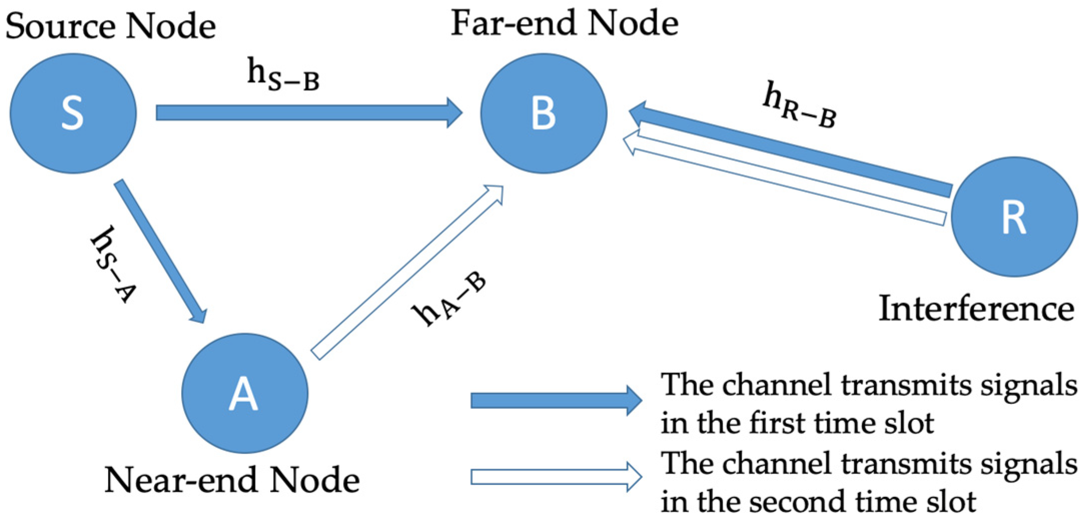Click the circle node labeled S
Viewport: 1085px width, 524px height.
(x=73, y=114)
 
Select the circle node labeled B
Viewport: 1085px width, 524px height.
(x=544, y=114)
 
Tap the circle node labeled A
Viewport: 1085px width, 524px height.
(x=244, y=393)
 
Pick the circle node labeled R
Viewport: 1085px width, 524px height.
(x=1014, y=217)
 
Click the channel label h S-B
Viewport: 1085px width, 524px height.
(x=283, y=75)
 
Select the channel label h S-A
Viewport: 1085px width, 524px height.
(x=113, y=264)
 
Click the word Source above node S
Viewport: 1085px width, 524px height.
(x=60, y=26)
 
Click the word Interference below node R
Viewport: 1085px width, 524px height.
(x=976, y=309)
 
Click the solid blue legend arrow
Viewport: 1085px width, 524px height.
(x=556, y=400)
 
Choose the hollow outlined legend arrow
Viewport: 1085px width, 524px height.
(x=556, y=476)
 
